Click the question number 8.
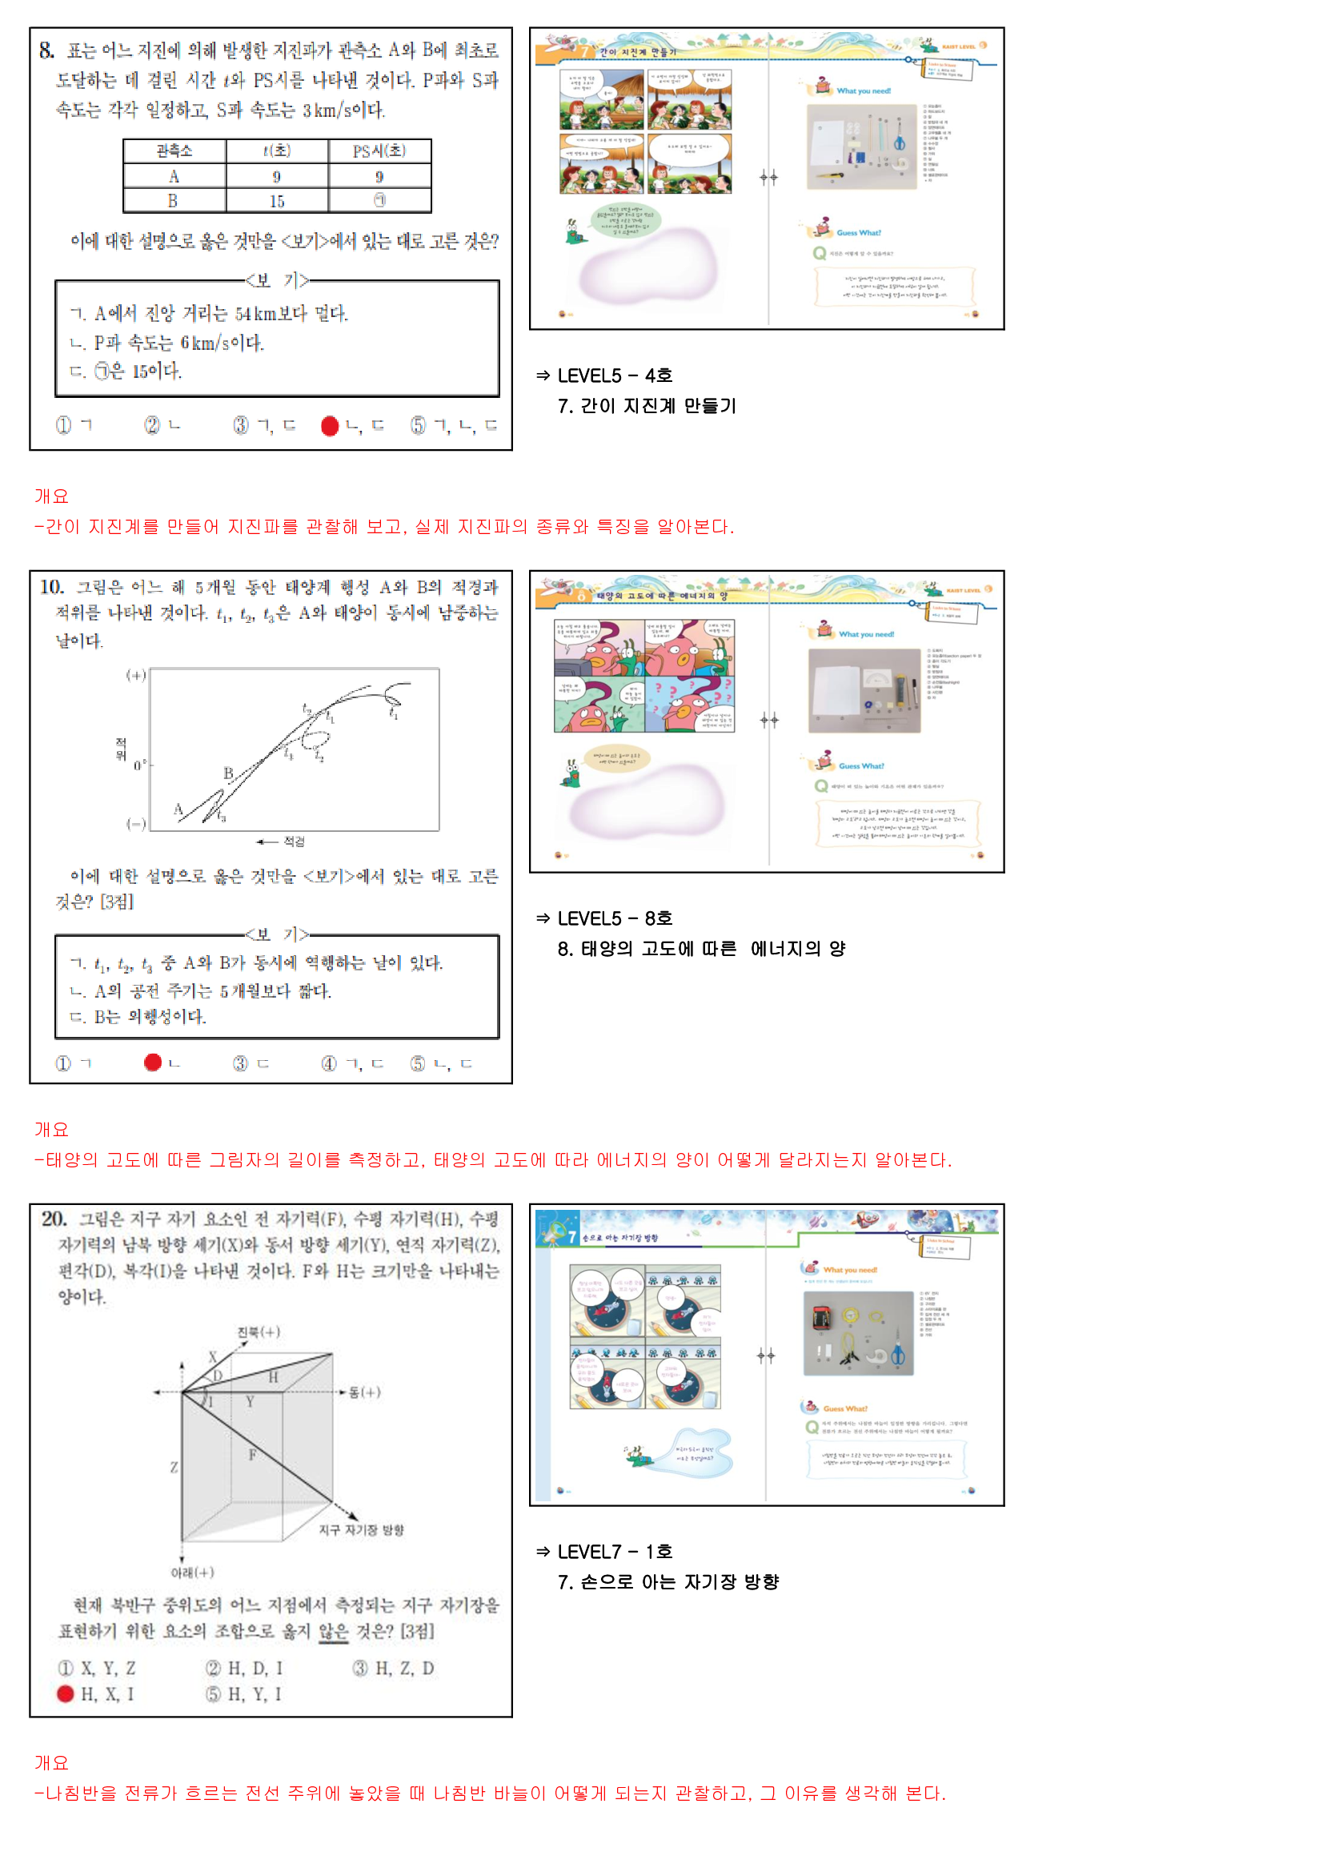(46, 50)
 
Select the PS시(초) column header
(379, 151)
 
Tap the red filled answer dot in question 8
(329, 426)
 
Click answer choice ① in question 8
(63, 426)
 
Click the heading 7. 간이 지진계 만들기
(647, 406)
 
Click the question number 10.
(50, 587)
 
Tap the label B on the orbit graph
(228, 773)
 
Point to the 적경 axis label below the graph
(294, 842)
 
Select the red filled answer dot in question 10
(152, 1063)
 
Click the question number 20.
(54, 1219)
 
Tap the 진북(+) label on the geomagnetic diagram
(259, 1332)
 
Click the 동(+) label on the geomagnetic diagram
(364, 1392)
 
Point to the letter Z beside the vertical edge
(174, 1468)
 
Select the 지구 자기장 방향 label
(361, 1530)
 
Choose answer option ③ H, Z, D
(394, 1669)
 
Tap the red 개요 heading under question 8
(51, 496)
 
